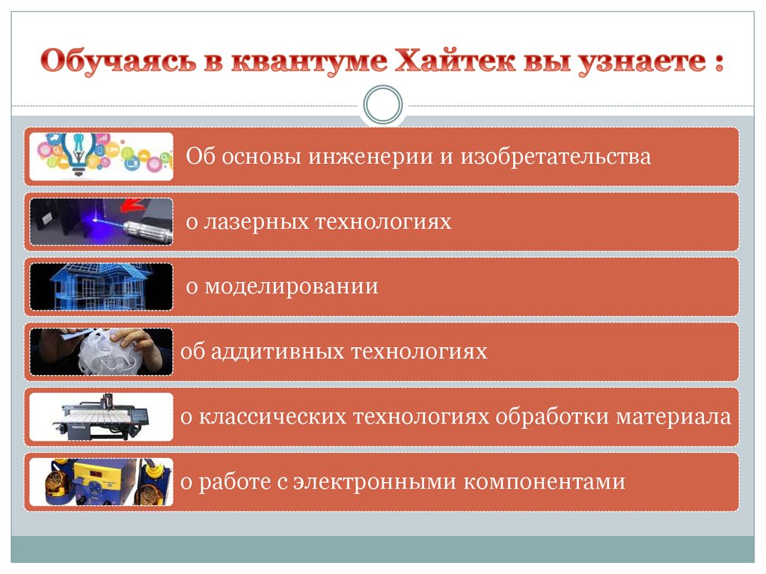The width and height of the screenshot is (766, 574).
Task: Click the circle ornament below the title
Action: pos(382,104)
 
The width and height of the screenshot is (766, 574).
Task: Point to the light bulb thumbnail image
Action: pos(101,156)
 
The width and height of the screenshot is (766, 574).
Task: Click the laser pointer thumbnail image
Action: pos(101,222)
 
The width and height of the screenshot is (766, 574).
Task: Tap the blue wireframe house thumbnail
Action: pos(101,287)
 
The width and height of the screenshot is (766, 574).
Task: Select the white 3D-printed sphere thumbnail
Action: pos(101,352)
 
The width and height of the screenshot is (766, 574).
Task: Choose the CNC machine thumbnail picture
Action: pos(101,417)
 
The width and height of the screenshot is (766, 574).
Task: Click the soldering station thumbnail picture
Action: pos(101,482)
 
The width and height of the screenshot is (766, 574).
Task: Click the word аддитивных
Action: pos(272,352)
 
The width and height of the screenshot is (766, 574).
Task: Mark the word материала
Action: pos(673,417)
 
